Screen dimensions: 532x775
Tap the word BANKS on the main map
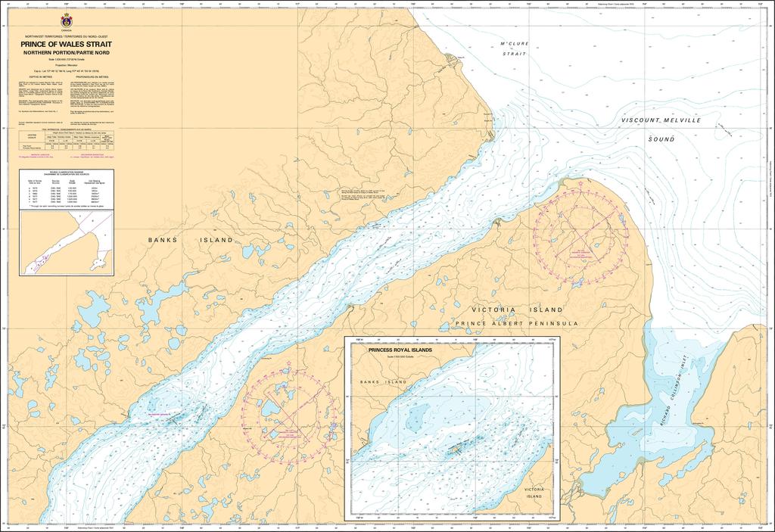[163, 240]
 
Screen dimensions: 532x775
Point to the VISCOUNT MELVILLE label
[661, 121]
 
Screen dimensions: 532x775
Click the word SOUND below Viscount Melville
[661, 140]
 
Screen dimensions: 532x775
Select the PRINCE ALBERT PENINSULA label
[516, 323]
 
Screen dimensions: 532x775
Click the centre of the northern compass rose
[580, 236]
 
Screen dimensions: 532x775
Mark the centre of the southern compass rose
[286, 415]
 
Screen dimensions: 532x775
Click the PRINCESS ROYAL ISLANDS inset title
[400, 351]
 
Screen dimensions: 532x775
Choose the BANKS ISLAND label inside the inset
[383, 382]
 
